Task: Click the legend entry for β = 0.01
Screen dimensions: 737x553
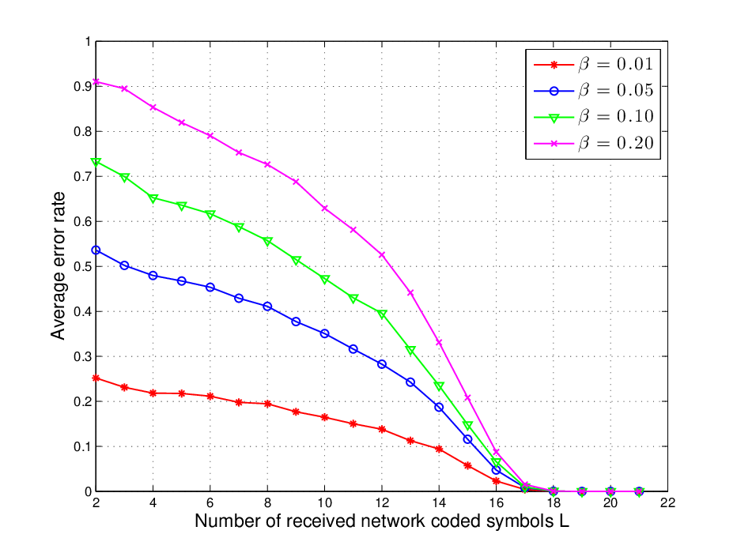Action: coord(593,64)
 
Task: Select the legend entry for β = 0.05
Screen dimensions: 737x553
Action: coord(593,90)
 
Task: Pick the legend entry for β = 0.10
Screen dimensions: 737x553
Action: coord(593,116)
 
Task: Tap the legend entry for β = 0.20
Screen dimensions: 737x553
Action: coord(593,143)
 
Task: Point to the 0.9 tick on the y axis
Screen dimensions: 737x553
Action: coord(82,86)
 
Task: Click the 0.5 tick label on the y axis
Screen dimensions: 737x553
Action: coord(82,267)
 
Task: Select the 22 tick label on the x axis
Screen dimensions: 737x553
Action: coord(667,502)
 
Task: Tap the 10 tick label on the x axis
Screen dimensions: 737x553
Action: coord(324,502)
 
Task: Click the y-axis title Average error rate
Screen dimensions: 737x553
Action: coord(58,265)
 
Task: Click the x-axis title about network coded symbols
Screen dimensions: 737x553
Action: coord(382,521)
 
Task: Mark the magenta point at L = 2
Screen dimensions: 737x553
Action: coord(96,81)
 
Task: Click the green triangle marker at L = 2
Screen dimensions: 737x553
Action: coord(96,163)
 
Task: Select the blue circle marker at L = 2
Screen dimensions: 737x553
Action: coord(96,250)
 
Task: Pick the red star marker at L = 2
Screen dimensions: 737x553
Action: coord(96,378)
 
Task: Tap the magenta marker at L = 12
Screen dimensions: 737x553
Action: coord(382,254)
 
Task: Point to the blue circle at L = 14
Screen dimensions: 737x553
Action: coord(439,408)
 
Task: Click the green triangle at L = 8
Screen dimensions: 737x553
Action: coord(267,242)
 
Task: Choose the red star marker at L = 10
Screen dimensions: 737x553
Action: coord(324,417)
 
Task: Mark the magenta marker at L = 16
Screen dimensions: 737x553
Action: coord(496,452)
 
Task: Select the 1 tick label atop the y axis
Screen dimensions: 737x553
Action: coord(88,42)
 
